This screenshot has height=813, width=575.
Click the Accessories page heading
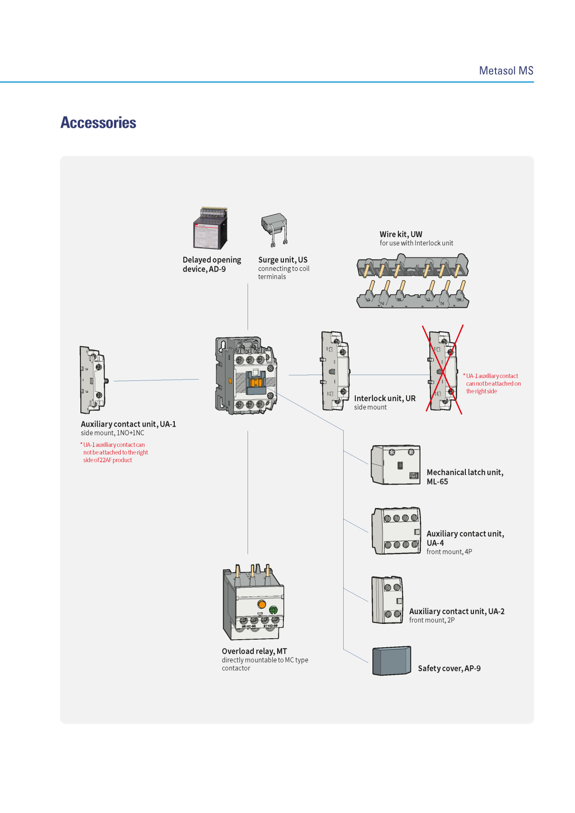(x=98, y=123)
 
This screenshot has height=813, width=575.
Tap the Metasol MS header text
(x=506, y=71)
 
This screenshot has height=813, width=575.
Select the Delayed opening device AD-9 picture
(x=210, y=228)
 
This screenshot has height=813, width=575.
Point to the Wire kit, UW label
(x=401, y=234)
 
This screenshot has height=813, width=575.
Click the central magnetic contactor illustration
(x=246, y=376)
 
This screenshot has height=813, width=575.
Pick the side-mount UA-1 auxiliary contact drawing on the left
(x=93, y=380)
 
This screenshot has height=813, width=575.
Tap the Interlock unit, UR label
(x=385, y=398)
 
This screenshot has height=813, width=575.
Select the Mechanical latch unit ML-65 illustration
(x=396, y=465)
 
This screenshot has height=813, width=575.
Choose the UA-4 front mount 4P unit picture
(x=397, y=531)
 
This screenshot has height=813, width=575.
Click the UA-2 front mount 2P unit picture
(x=387, y=600)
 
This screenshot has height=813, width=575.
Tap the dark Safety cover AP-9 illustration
(x=392, y=661)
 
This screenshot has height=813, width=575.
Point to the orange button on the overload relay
(x=262, y=604)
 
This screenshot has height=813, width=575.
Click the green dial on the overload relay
(x=273, y=610)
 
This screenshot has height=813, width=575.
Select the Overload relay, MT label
(x=254, y=651)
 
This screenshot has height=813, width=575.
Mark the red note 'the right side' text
(x=482, y=391)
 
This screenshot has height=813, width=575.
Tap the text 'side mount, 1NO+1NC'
(x=112, y=433)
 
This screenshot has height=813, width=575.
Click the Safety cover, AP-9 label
(x=449, y=668)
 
